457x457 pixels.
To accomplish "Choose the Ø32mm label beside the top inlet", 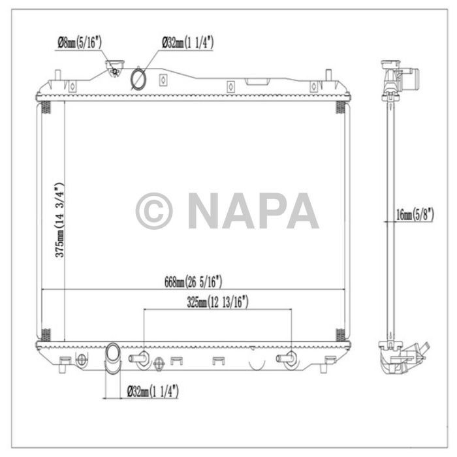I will [188, 44].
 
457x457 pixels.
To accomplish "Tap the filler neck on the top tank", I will [116, 69].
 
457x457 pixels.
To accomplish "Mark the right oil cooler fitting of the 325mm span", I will [287, 358].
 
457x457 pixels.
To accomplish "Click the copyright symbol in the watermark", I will [154, 211].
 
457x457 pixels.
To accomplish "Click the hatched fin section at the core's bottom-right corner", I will [341, 335].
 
